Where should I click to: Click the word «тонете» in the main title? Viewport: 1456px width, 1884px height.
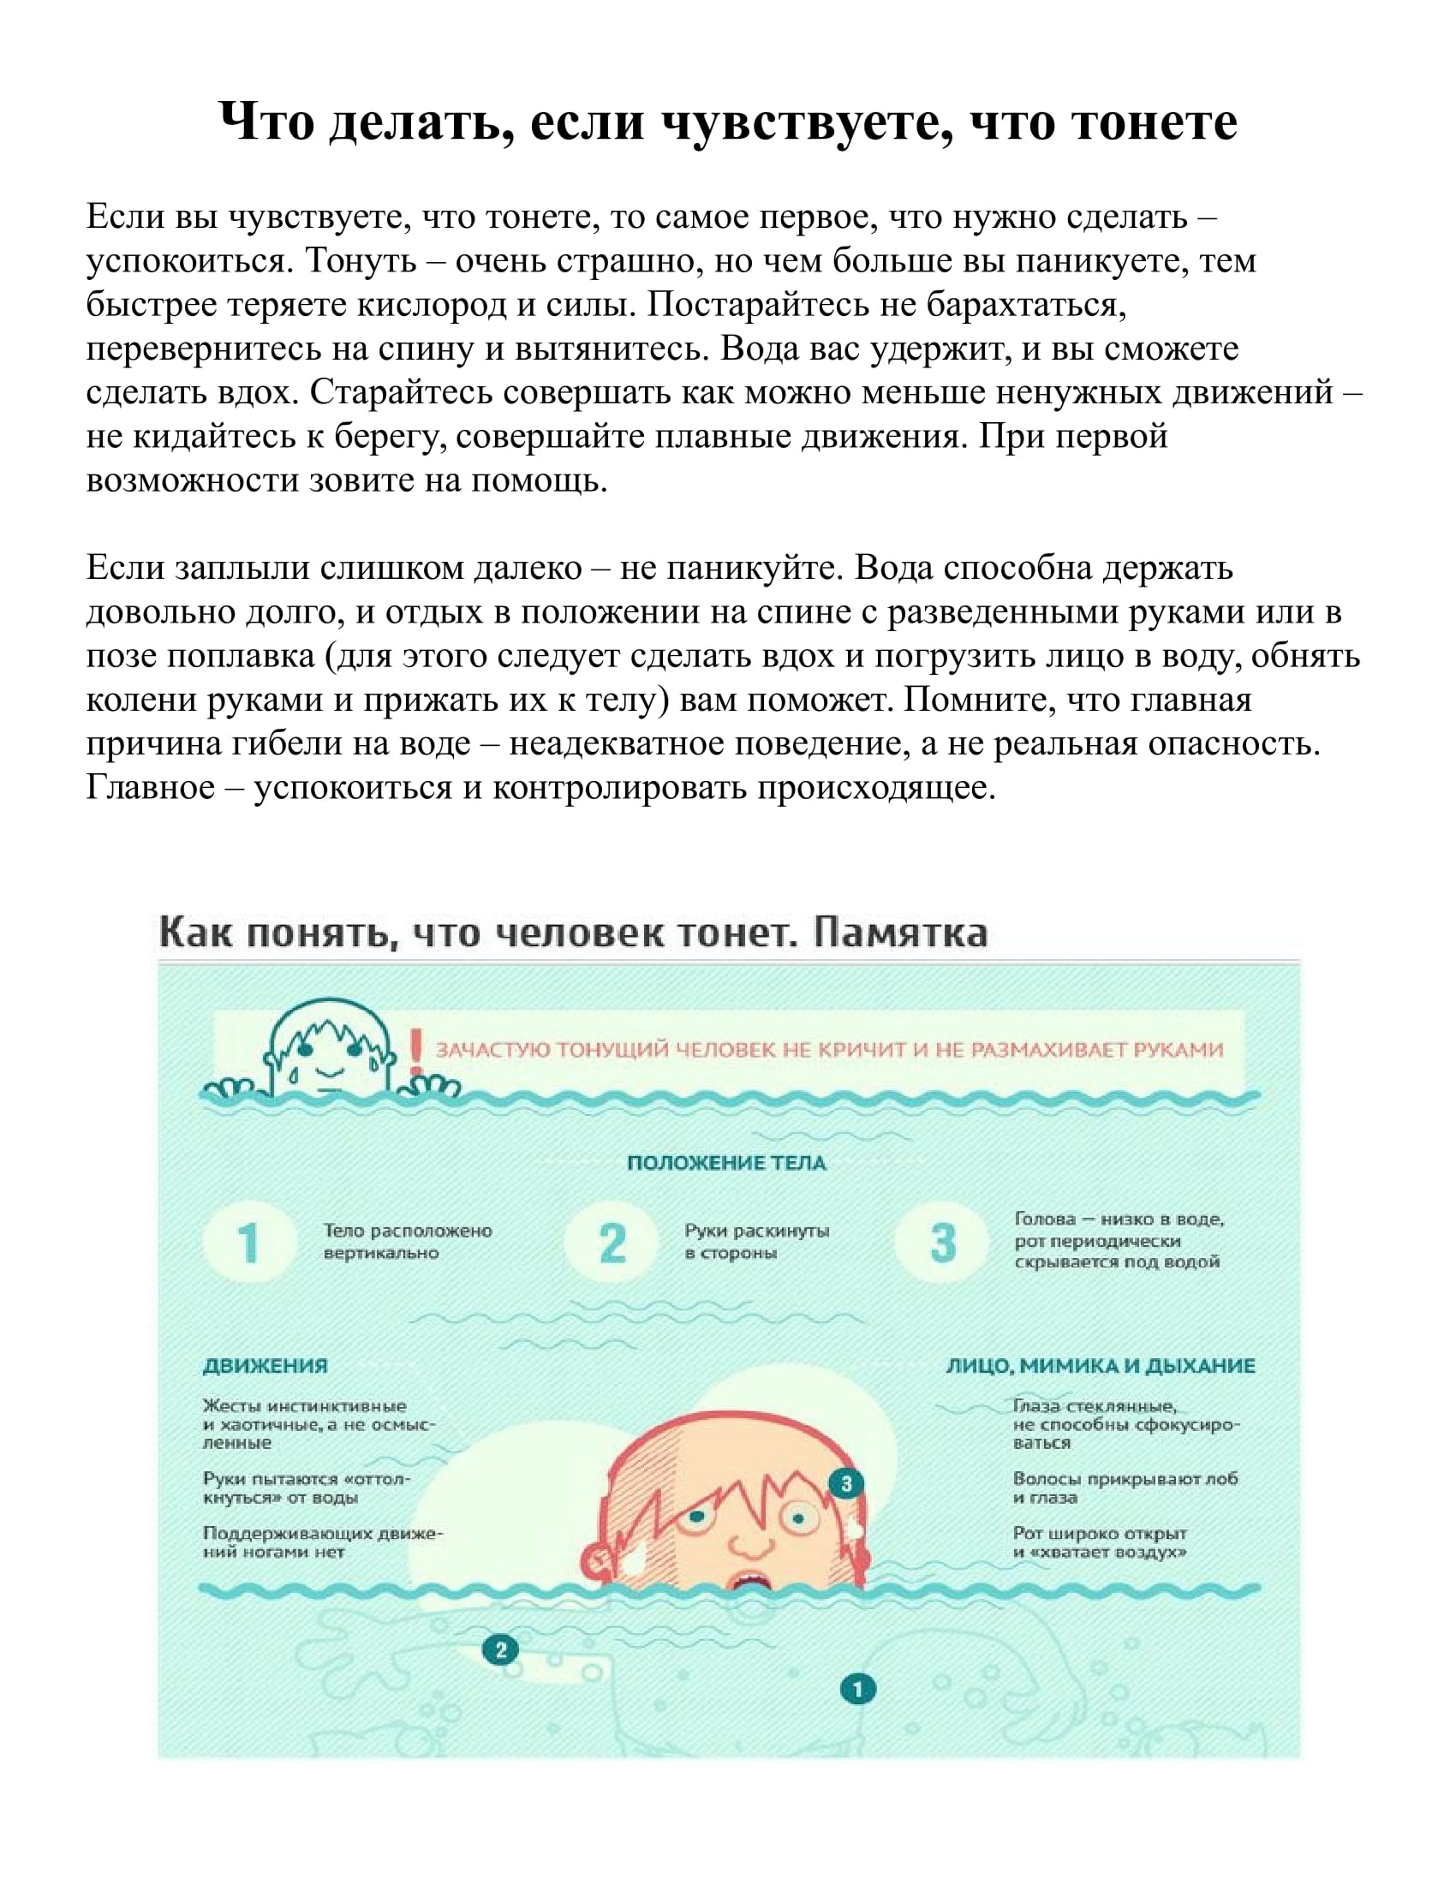(1155, 122)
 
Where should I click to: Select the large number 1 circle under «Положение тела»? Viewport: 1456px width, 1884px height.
(249, 1243)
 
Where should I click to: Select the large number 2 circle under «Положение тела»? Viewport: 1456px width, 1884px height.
(612, 1243)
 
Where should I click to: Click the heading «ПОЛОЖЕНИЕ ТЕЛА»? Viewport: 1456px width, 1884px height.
(726, 1163)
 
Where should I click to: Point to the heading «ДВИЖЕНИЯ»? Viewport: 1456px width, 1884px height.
(265, 1366)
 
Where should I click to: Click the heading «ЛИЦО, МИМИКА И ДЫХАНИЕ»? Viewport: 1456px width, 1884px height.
(1101, 1366)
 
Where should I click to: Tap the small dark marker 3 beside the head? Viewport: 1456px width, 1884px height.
(846, 1483)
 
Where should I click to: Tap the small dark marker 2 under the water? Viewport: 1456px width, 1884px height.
(500, 1650)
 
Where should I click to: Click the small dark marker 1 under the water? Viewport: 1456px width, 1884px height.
(857, 1688)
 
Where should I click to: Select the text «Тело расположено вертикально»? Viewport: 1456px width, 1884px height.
(407, 1242)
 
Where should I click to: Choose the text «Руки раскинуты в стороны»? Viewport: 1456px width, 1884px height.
(756, 1242)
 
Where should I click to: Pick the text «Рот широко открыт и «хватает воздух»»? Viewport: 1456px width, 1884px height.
(1100, 1542)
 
